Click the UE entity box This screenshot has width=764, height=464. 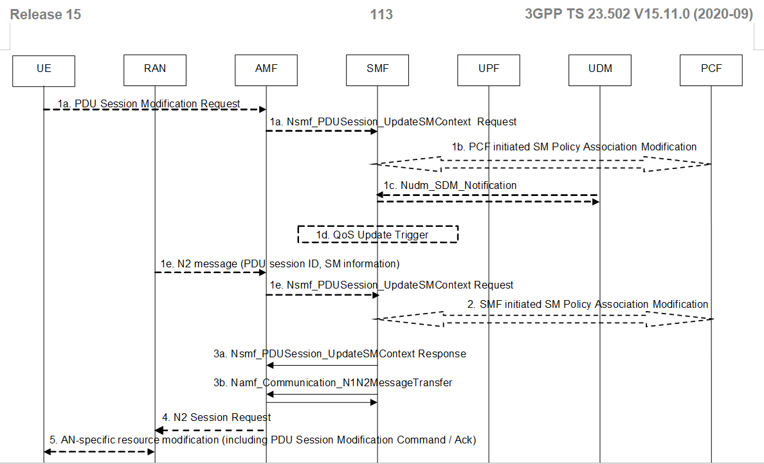(x=44, y=69)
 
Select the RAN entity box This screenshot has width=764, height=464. (x=155, y=69)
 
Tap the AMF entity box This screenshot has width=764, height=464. (x=266, y=69)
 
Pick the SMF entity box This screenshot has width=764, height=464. (x=377, y=69)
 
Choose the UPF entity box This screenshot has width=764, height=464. (x=489, y=69)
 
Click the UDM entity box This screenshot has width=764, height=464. (x=600, y=69)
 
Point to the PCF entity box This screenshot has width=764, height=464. (x=711, y=69)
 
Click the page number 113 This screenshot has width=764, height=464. (x=381, y=14)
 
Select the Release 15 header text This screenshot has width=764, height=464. (x=46, y=14)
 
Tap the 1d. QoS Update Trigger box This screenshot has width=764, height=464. (x=377, y=235)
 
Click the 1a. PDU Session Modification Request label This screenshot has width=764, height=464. (x=149, y=103)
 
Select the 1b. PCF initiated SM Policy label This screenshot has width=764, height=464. (x=574, y=147)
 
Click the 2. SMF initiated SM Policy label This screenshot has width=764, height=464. (x=588, y=304)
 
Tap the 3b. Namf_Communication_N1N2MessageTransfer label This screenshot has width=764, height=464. (x=332, y=382)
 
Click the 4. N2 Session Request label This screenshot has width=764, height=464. (x=216, y=417)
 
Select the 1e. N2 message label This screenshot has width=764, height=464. (x=280, y=263)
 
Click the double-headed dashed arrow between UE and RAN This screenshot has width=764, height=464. (x=99, y=452)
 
